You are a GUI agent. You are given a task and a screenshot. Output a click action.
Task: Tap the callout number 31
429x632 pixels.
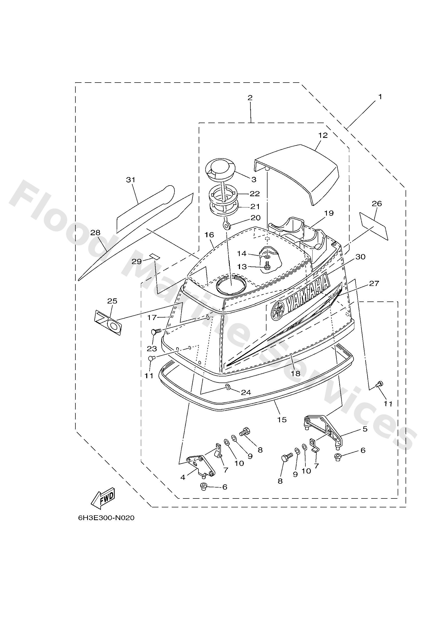point(130,180)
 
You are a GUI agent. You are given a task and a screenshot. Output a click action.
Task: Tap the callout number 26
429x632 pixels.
point(377,203)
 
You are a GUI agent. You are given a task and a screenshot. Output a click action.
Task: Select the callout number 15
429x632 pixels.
point(282,420)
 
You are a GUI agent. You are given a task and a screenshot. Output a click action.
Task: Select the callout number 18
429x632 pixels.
point(296,374)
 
